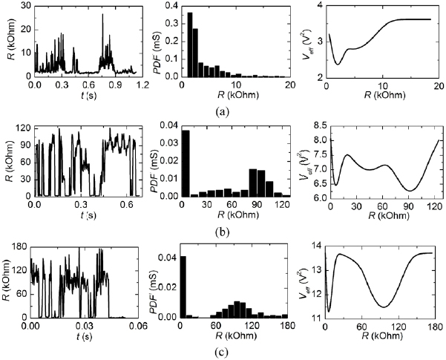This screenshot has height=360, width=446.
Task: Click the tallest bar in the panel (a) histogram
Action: point(190,45)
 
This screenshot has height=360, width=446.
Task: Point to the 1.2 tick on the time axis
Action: point(141,85)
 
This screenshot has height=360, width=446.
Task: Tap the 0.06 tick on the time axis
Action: point(141,324)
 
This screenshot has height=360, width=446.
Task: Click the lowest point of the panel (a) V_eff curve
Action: point(338,64)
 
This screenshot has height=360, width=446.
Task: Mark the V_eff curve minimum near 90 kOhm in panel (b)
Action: point(407,191)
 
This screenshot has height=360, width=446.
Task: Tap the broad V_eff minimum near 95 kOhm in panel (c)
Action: point(384,307)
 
